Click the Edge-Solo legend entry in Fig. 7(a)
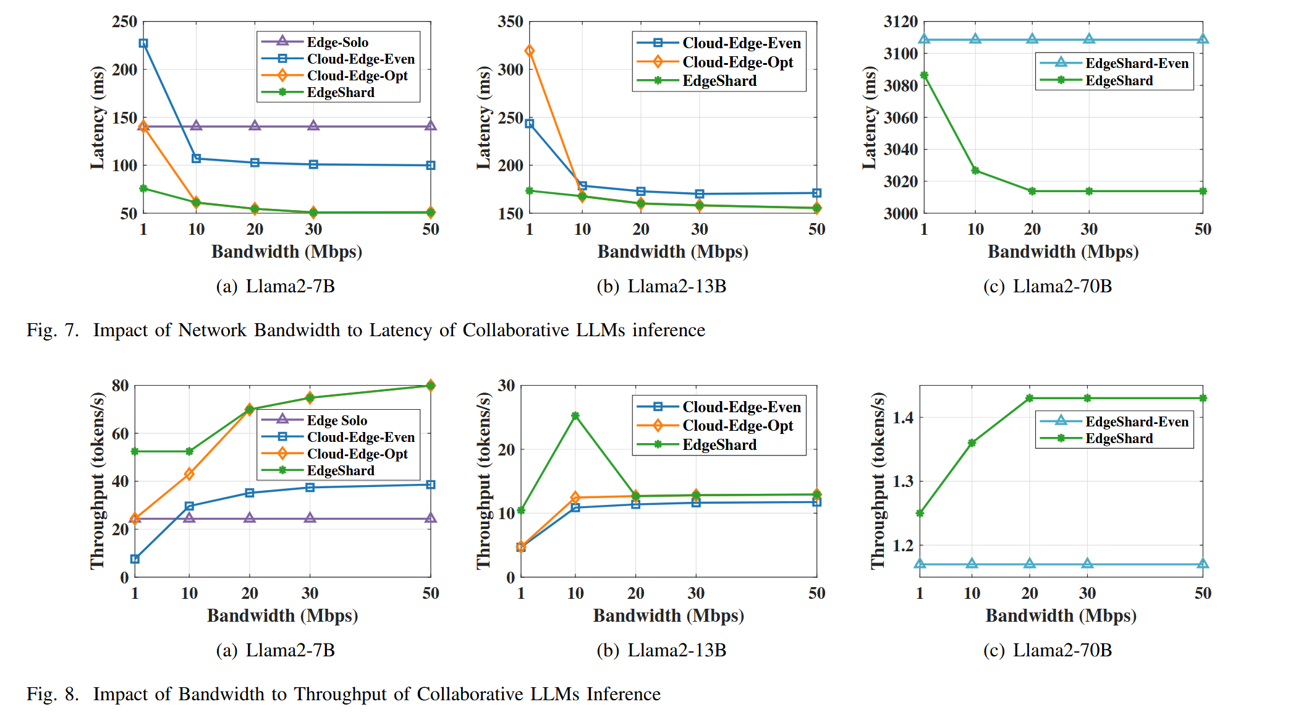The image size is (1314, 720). (x=337, y=42)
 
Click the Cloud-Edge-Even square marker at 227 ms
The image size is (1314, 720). (x=143, y=43)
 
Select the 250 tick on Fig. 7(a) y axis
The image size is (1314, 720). (x=124, y=22)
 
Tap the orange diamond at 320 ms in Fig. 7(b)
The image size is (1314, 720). (x=530, y=51)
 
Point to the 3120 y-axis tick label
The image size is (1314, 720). (x=900, y=22)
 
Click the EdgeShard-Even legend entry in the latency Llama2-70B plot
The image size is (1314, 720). (x=1136, y=63)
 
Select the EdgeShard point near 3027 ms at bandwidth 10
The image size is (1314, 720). (x=975, y=171)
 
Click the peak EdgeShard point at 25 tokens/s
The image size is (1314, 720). (x=575, y=416)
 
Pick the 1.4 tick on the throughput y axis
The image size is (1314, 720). (x=903, y=418)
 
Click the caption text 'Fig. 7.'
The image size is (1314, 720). (x=53, y=330)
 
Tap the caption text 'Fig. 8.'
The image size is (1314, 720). (x=53, y=694)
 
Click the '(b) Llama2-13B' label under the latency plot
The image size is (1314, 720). (x=661, y=286)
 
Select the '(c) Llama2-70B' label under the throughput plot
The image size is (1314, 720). (x=1047, y=650)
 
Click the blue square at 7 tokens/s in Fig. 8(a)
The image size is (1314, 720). (x=135, y=559)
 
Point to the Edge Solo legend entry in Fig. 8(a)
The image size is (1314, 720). (x=336, y=420)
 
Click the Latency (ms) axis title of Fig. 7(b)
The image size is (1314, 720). (x=484, y=117)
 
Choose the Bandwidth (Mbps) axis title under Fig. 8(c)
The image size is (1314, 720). (x=1061, y=616)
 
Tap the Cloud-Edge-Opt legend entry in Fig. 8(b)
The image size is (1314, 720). (x=737, y=426)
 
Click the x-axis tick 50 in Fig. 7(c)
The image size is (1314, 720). (x=1202, y=229)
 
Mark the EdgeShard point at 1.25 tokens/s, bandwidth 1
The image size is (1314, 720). (x=920, y=513)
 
